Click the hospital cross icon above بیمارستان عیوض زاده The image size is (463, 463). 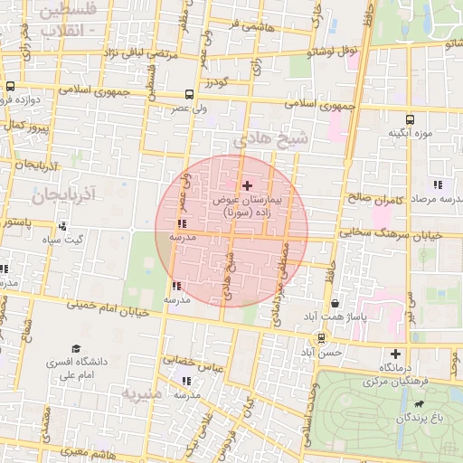[248, 184]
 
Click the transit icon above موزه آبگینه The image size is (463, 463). [411, 119]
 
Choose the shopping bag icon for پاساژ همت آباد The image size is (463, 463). [336, 304]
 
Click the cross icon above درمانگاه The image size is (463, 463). [394, 354]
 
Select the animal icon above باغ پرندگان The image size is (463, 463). [419, 403]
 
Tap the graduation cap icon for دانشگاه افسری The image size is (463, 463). [76, 348]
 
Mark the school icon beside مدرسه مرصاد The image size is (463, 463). [438, 185]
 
